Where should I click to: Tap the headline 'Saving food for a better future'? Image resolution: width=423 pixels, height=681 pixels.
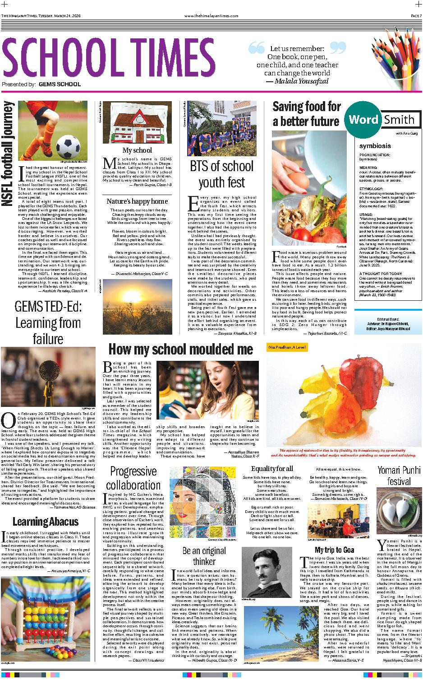[306, 114]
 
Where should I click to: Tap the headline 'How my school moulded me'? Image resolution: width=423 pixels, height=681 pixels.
[181, 349]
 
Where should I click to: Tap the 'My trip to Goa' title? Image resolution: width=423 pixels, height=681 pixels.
[334, 550]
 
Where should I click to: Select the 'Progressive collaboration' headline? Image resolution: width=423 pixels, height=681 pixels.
[133, 479]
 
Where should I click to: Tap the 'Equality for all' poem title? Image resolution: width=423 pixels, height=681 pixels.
[272, 468]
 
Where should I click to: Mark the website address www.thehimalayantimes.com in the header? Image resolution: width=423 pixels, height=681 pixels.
[211, 16]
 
